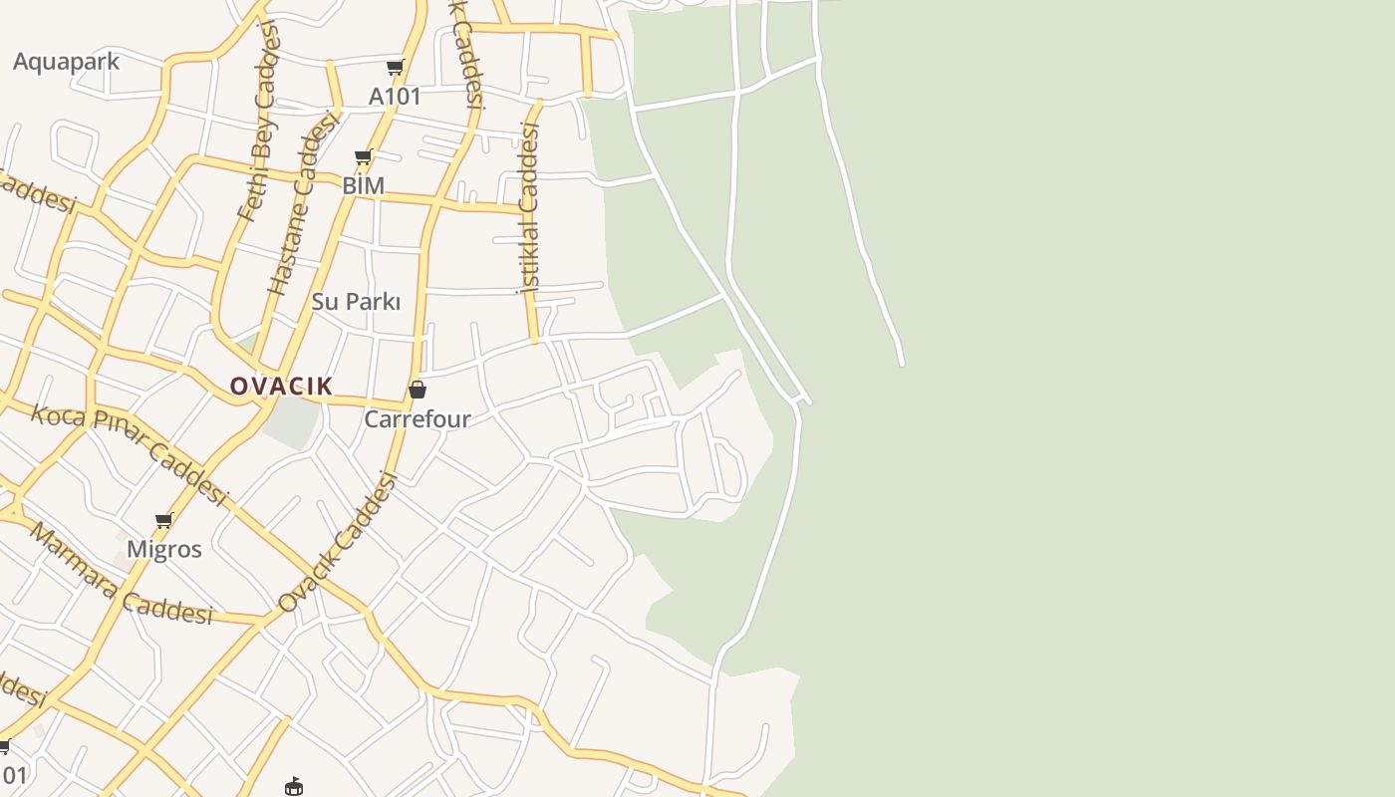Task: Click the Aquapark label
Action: click(66, 62)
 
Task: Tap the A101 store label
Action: click(395, 97)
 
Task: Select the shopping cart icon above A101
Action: click(396, 68)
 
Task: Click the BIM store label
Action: click(363, 186)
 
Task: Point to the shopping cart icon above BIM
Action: click(364, 157)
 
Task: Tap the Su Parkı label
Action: click(356, 302)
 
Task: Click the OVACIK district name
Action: click(281, 387)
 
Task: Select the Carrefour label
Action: click(417, 419)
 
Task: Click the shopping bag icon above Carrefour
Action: click(418, 390)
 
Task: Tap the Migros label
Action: click(164, 549)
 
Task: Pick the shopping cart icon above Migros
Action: click(164, 520)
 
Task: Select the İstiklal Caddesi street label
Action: click(528, 207)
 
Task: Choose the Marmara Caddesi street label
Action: click(120, 575)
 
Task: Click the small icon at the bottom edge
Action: click(294, 787)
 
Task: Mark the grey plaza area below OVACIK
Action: click(291, 420)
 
